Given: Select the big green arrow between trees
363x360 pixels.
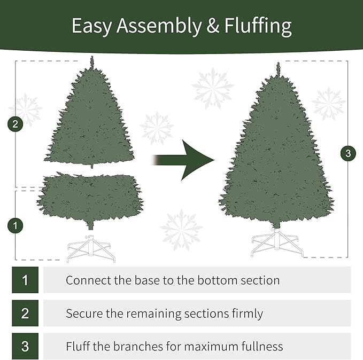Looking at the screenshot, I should click(184, 160).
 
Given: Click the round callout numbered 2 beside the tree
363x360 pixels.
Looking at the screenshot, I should click(15, 124).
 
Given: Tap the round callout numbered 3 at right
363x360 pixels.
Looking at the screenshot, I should click(348, 154).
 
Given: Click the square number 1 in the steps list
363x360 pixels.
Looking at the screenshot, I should click(25, 280).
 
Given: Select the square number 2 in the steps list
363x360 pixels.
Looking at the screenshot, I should click(25, 313).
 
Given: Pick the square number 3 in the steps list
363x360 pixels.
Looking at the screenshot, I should click(25, 346).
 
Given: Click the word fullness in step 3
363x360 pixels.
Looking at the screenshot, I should click(260, 346).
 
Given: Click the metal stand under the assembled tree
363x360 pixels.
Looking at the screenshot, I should click(276, 245).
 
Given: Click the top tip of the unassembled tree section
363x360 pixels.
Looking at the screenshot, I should click(92, 59).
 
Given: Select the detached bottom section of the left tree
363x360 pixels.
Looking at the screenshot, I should click(90, 197).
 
